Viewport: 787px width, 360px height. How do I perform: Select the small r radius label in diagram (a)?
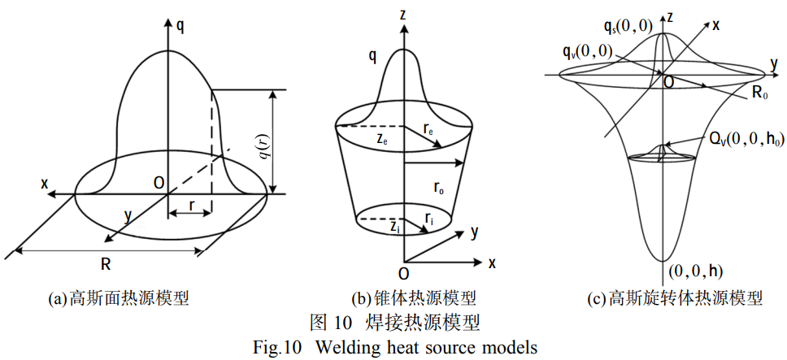click(190, 206)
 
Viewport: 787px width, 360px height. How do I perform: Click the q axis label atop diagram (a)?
click(180, 25)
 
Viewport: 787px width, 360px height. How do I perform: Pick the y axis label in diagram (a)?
click(128, 215)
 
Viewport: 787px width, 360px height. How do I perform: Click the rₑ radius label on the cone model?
click(428, 128)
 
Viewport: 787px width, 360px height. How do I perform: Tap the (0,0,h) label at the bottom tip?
click(694, 271)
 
